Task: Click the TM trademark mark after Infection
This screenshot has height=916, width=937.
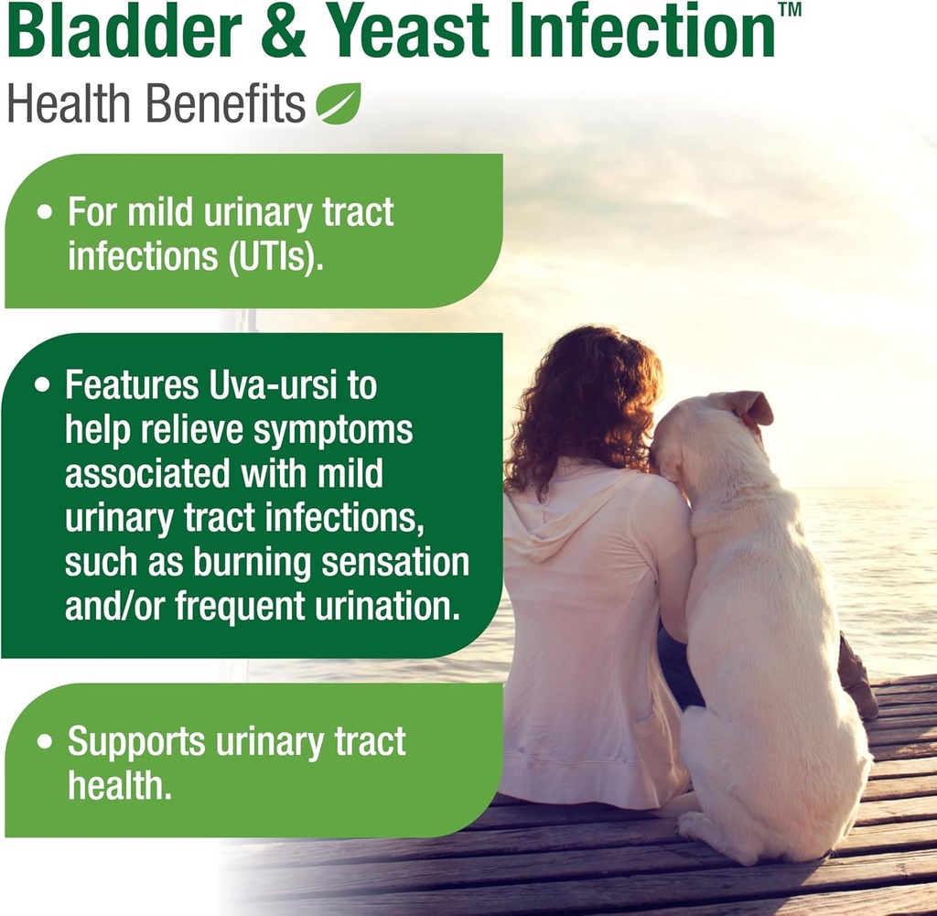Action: (x=788, y=10)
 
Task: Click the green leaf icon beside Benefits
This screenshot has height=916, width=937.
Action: (x=339, y=103)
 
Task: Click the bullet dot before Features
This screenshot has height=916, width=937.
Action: (x=41, y=386)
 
